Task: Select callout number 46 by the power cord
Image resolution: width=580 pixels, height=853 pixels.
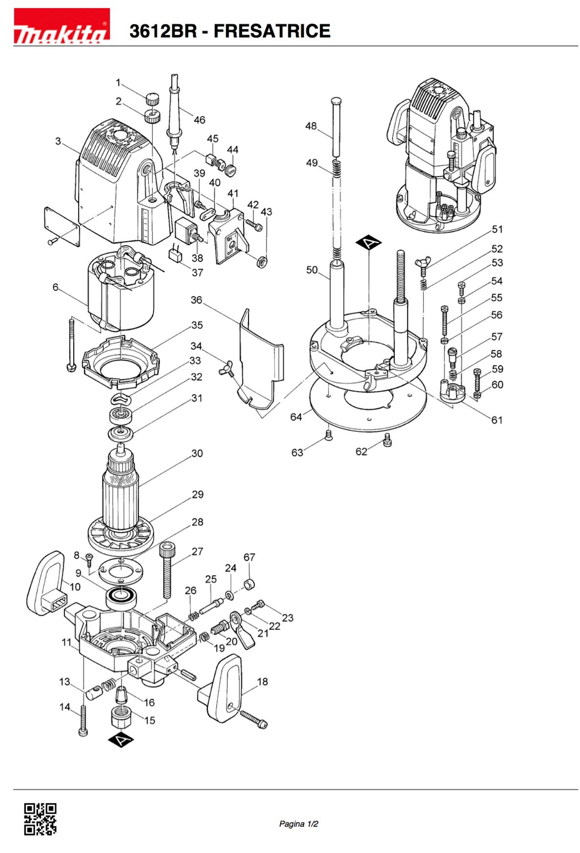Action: pos(199,120)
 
